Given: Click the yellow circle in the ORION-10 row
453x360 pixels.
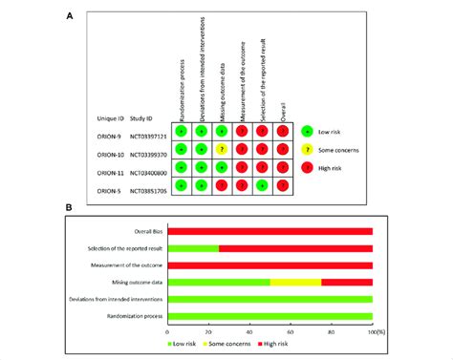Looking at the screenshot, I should pyautogui.click(x=222, y=149).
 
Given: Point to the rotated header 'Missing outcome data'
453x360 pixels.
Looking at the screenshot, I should pyautogui.click(x=221, y=81).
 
